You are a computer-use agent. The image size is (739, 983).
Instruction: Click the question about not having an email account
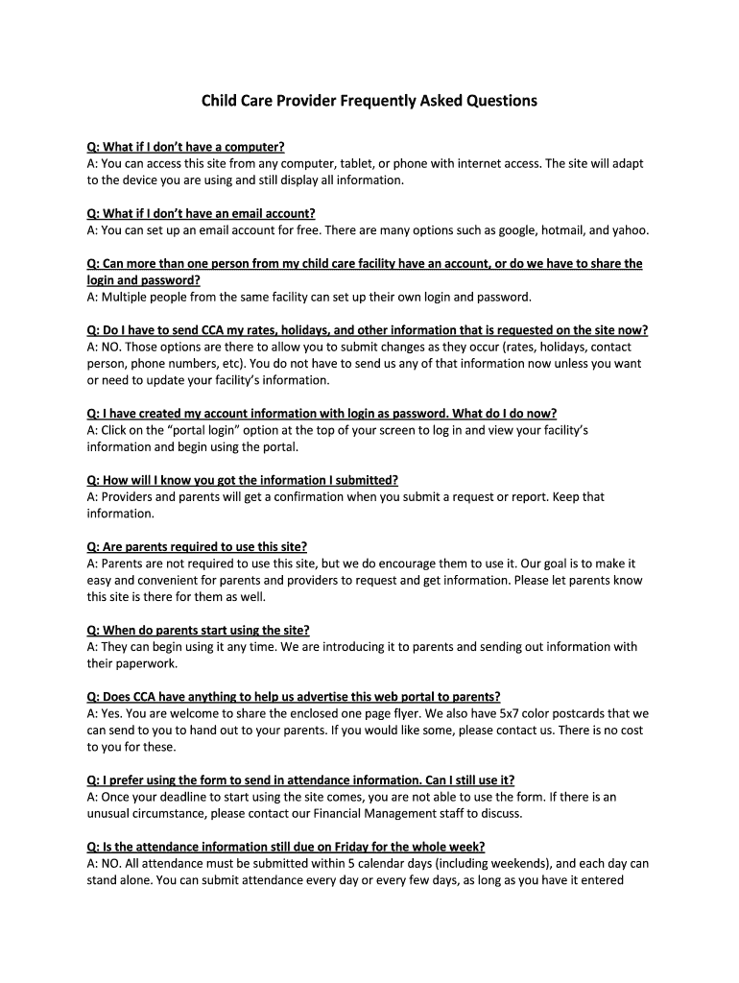tap(201, 213)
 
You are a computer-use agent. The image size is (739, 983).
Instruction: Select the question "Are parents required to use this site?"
tap(197, 546)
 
